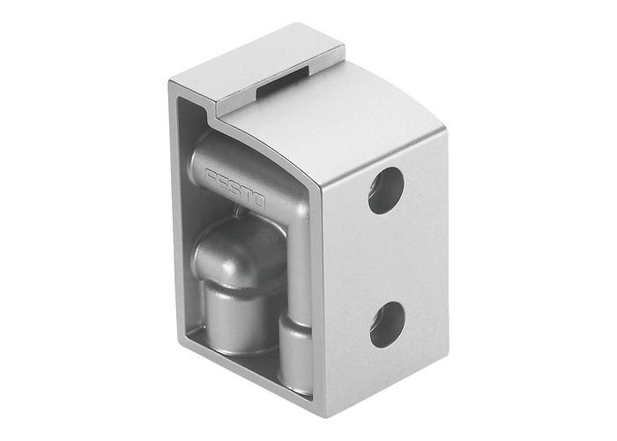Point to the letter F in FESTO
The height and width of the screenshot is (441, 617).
click(209, 172)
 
